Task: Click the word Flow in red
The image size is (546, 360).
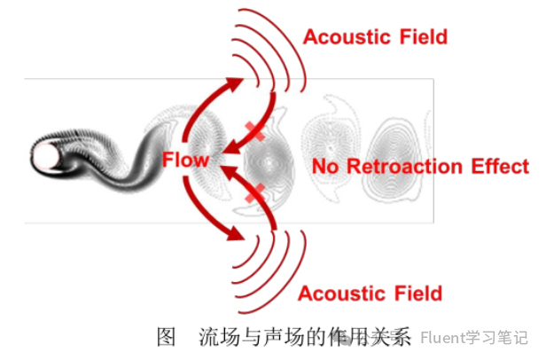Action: click(x=185, y=160)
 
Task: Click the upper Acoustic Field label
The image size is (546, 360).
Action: click(x=375, y=36)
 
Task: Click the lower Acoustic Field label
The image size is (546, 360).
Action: click(x=370, y=293)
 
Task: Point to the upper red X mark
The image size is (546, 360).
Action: click(x=256, y=132)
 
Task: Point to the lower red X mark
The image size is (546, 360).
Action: click(x=256, y=191)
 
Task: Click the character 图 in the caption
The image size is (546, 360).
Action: click(x=165, y=337)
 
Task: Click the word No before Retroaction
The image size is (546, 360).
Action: click(x=327, y=167)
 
